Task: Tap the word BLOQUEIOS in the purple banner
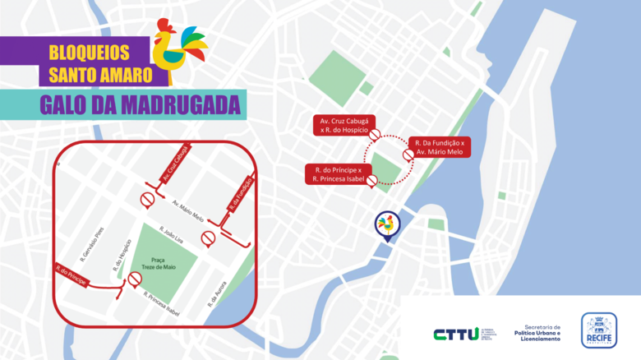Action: coord(89,52)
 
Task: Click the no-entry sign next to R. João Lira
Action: coord(209,238)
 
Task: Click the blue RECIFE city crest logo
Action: coord(599,330)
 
